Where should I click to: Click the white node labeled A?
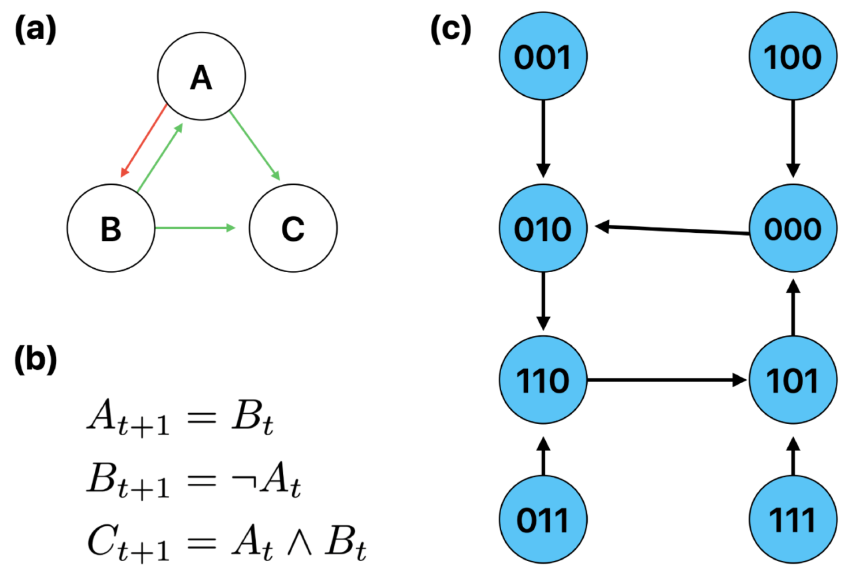(201, 76)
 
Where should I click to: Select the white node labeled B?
(111, 228)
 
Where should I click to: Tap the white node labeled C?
(293, 228)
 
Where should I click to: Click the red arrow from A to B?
(144, 140)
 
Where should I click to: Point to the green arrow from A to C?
(255, 146)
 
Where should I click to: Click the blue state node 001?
(543, 56)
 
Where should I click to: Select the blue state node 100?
(793, 56)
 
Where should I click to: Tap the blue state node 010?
(543, 228)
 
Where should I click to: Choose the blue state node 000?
(793, 228)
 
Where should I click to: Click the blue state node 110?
(543, 380)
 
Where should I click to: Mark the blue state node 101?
(793, 380)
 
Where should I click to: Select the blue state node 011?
(543, 519)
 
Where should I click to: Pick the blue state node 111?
(793, 519)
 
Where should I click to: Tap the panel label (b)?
(36, 359)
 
